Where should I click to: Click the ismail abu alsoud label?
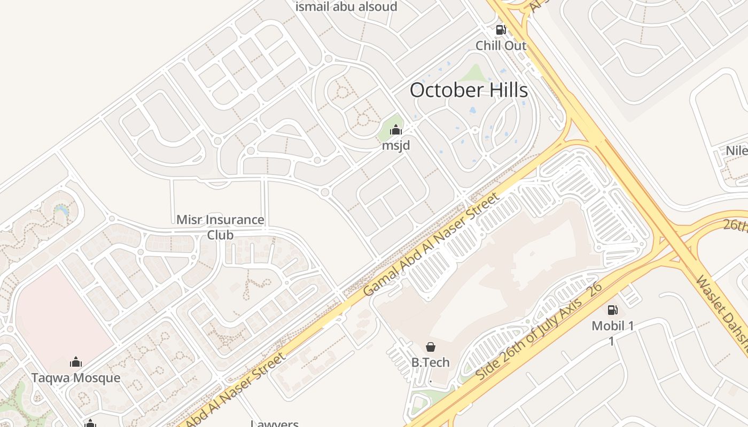(346, 7)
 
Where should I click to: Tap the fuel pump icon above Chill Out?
(501, 30)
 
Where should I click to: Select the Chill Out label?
(501, 45)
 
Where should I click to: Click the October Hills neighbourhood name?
(469, 90)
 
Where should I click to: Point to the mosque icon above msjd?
(395, 130)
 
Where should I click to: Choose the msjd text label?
(396, 145)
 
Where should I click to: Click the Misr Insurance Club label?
(220, 227)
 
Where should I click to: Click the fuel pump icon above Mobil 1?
(612, 310)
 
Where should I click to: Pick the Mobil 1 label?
(612, 326)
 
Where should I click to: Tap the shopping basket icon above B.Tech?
(430, 347)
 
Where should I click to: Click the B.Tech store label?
(430, 362)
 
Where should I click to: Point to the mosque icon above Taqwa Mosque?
(76, 362)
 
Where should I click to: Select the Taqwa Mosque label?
(76, 378)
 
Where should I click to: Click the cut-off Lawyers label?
(275, 423)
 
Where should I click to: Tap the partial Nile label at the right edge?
(736, 151)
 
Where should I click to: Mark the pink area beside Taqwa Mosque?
(59, 315)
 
